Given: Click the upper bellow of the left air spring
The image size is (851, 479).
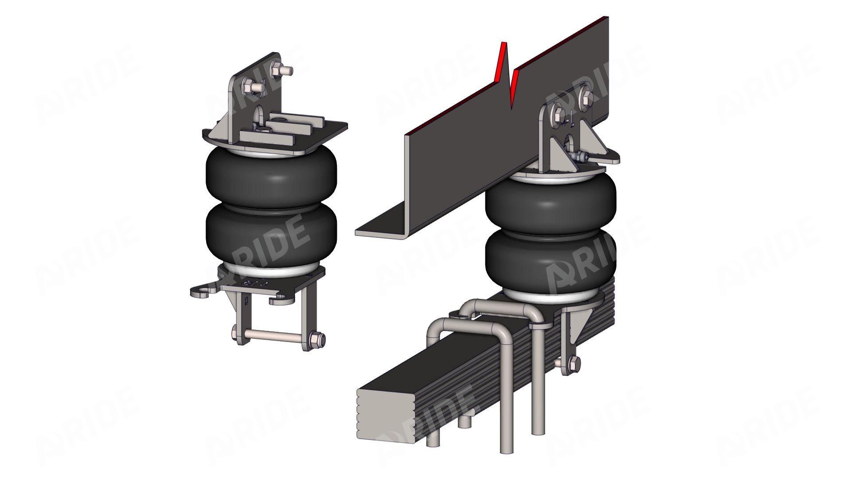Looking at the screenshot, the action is coord(271,176).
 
